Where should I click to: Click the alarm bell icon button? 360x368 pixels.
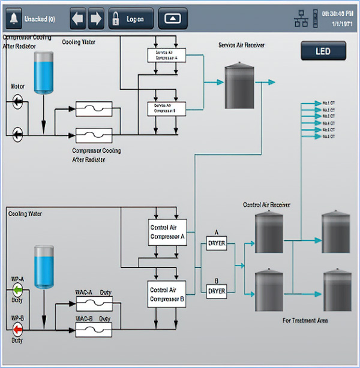pyautogui.click(x=13, y=19)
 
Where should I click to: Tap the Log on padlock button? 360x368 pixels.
pyautogui.click(x=130, y=19)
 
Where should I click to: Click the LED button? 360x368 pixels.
pyautogui.click(x=323, y=52)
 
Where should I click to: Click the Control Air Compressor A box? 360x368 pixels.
pyautogui.click(x=167, y=232)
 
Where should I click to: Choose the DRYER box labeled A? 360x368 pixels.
pyautogui.click(x=216, y=243)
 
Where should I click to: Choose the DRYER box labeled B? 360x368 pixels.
pyautogui.click(x=216, y=291)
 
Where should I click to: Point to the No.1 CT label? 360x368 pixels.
pyautogui.click(x=328, y=103)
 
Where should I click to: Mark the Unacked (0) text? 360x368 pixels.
pyautogui.click(x=40, y=19)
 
